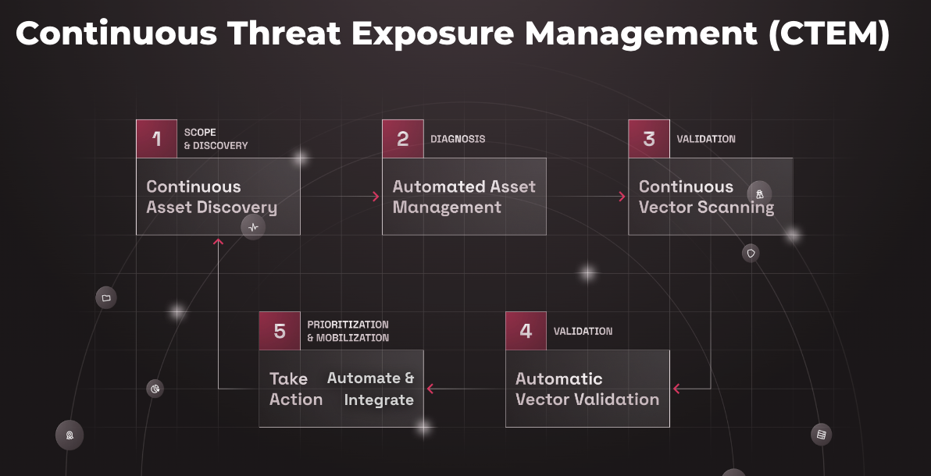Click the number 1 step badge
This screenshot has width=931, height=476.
pyautogui.click(x=156, y=139)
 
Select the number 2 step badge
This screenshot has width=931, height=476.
pyautogui.click(x=402, y=139)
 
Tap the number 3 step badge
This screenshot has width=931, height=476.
pyautogui.click(x=648, y=139)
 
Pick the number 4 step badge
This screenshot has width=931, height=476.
pyautogui.click(x=526, y=331)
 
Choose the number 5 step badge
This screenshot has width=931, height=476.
pyautogui.click(x=280, y=331)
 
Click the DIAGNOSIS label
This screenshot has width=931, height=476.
pyautogui.click(x=458, y=139)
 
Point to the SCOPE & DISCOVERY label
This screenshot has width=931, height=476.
pyautogui.click(x=216, y=139)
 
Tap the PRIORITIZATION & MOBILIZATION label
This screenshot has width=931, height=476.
pyautogui.click(x=348, y=331)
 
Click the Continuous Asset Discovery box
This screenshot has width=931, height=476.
pyautogui.click(x=218, y=197)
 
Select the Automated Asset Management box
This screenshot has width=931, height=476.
pyautogui.click(x=464, y=197)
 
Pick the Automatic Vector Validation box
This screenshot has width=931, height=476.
pyautogui.click(x=587, y=389)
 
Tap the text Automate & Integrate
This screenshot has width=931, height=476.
pyautogui.click(x=371, y=389)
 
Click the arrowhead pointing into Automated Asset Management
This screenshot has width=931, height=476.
pyautogui.click(x=376, y=197)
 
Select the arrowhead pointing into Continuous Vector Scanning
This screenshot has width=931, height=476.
pyautogui.click(x=622, y=197)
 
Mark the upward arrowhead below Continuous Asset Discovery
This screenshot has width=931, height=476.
pyautogui.click(x=218, y=242)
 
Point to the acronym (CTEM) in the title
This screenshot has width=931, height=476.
pyautogui.click(x=829, y=34)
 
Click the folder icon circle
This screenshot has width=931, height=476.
pyautogui.click(x=106, y=297)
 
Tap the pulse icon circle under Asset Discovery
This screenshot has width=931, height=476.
pyautogui.click(x=253, y=227)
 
